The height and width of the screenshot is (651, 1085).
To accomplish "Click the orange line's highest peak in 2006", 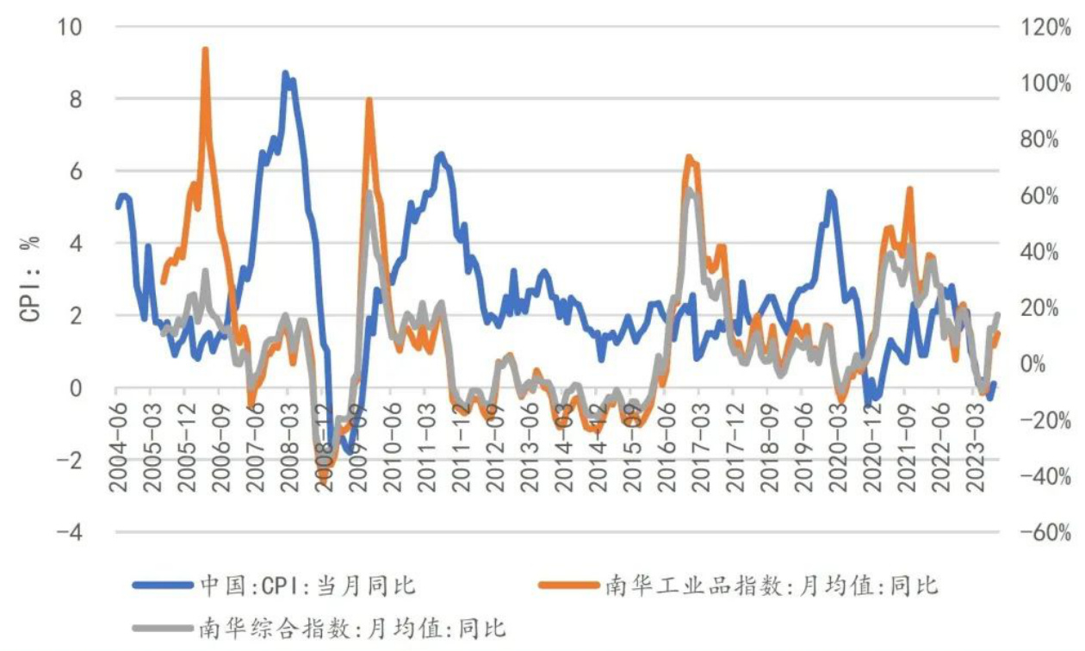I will point(205,50).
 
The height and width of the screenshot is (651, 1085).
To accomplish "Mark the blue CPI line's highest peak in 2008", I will point(285,74).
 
